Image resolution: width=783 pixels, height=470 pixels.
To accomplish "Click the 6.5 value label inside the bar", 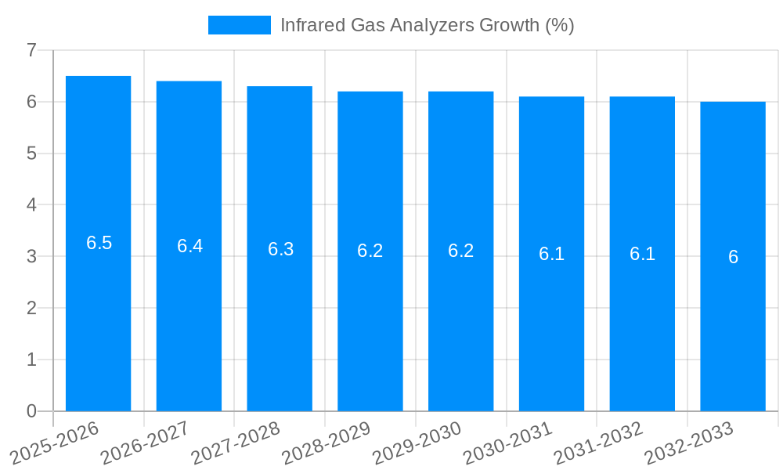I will (x=99, y=243).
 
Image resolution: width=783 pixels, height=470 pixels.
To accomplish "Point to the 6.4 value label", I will (x=189, y=246).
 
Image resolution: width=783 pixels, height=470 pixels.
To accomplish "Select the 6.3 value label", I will (x=280, y=249).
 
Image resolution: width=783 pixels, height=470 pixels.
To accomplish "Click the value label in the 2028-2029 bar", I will (x=370, y=251).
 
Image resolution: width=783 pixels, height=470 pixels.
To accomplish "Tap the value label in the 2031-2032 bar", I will (x=642, y=254).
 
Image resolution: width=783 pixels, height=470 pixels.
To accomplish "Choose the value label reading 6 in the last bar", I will (x=733, y=257).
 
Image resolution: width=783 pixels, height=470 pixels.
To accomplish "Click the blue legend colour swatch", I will (x=239, y=25).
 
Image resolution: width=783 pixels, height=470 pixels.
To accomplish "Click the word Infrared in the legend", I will (x=308, y=25).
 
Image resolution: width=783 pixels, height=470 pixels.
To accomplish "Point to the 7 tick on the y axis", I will (x=31, y=50).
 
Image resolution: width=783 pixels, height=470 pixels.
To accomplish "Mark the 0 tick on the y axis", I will (x=31, y=411).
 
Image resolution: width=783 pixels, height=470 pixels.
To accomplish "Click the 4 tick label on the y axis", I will (x=31, y=205).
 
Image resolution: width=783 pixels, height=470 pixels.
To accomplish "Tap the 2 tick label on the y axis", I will (x=31, y=308).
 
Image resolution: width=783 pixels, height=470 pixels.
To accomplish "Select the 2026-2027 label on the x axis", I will (x=145, y=443).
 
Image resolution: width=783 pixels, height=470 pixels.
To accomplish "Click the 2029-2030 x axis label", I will (x=417, y=443).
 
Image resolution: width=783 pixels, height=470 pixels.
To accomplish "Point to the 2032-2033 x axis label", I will (x=689, y=443).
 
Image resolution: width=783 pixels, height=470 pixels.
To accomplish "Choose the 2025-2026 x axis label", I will (x=55, y=443).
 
